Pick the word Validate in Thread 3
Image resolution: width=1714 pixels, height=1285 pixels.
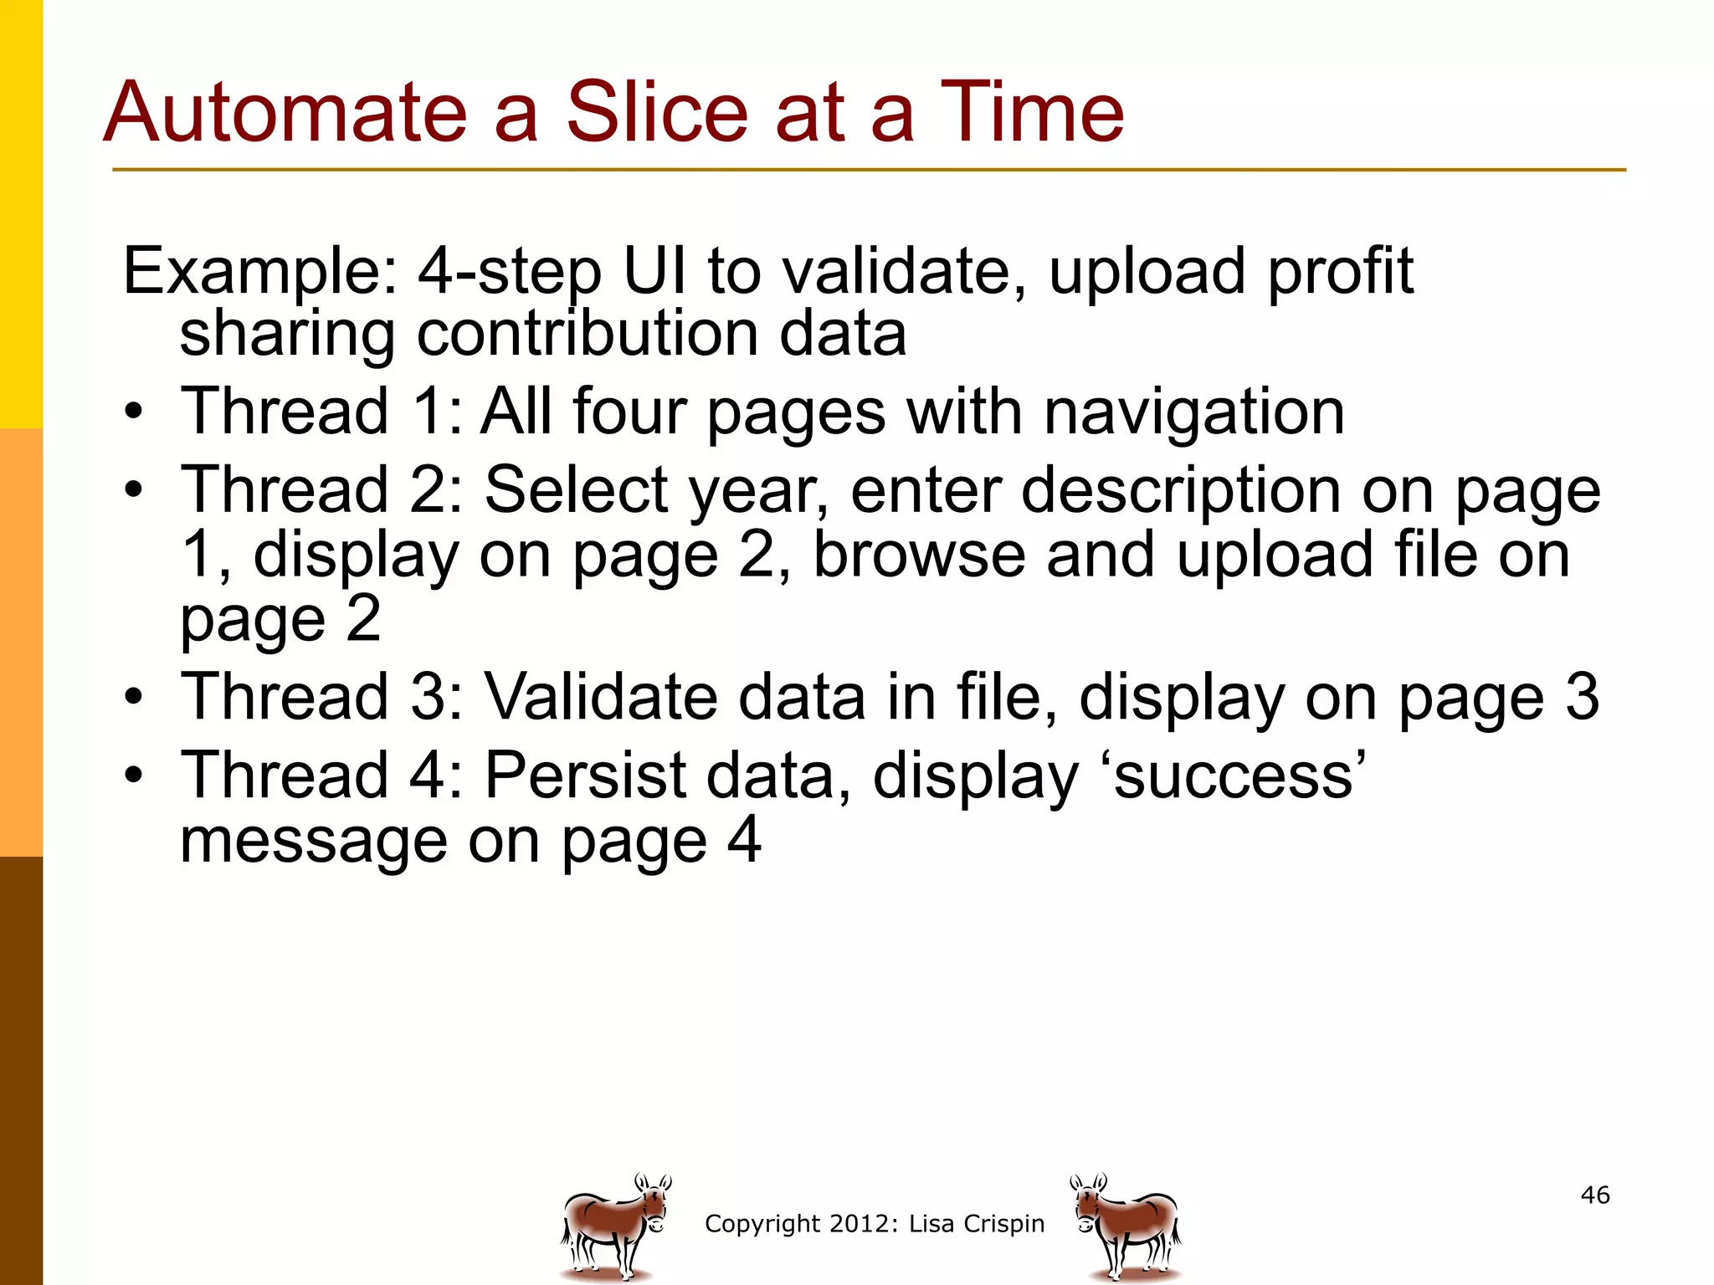pyautogui.click(x=601, y=697)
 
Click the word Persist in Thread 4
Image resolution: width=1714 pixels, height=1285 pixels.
pyautogui.click(x=585, y=776)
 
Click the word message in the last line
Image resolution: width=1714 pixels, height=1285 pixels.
pyautogui.click(x=314, y=841)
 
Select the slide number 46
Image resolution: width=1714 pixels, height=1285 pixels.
pyautogui.click(x=1595, y=1195)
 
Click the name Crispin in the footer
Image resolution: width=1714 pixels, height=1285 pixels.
pyautogui.click(x=1003, y=1224)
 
